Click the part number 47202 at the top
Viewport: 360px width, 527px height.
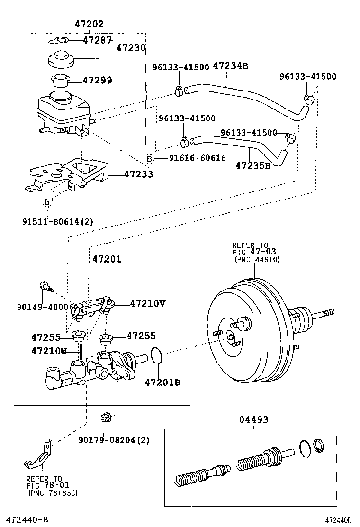click(89, 24)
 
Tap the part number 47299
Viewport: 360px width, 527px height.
click(97, 80)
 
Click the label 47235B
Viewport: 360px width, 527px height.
click(253, 165)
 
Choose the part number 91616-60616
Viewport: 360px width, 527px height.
click(197, 158)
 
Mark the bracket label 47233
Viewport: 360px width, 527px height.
click(138, 174)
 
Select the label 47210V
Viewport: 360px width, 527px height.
click(147, 303)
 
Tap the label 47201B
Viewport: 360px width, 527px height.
click(162, 382)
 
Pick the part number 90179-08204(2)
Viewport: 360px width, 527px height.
click(114, 440)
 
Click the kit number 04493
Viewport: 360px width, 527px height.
click(253, 419)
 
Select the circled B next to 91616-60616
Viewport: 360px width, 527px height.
click(149, 158)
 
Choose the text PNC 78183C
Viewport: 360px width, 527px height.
click(52, 493)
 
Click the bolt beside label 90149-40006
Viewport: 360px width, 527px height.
click(45, 286)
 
